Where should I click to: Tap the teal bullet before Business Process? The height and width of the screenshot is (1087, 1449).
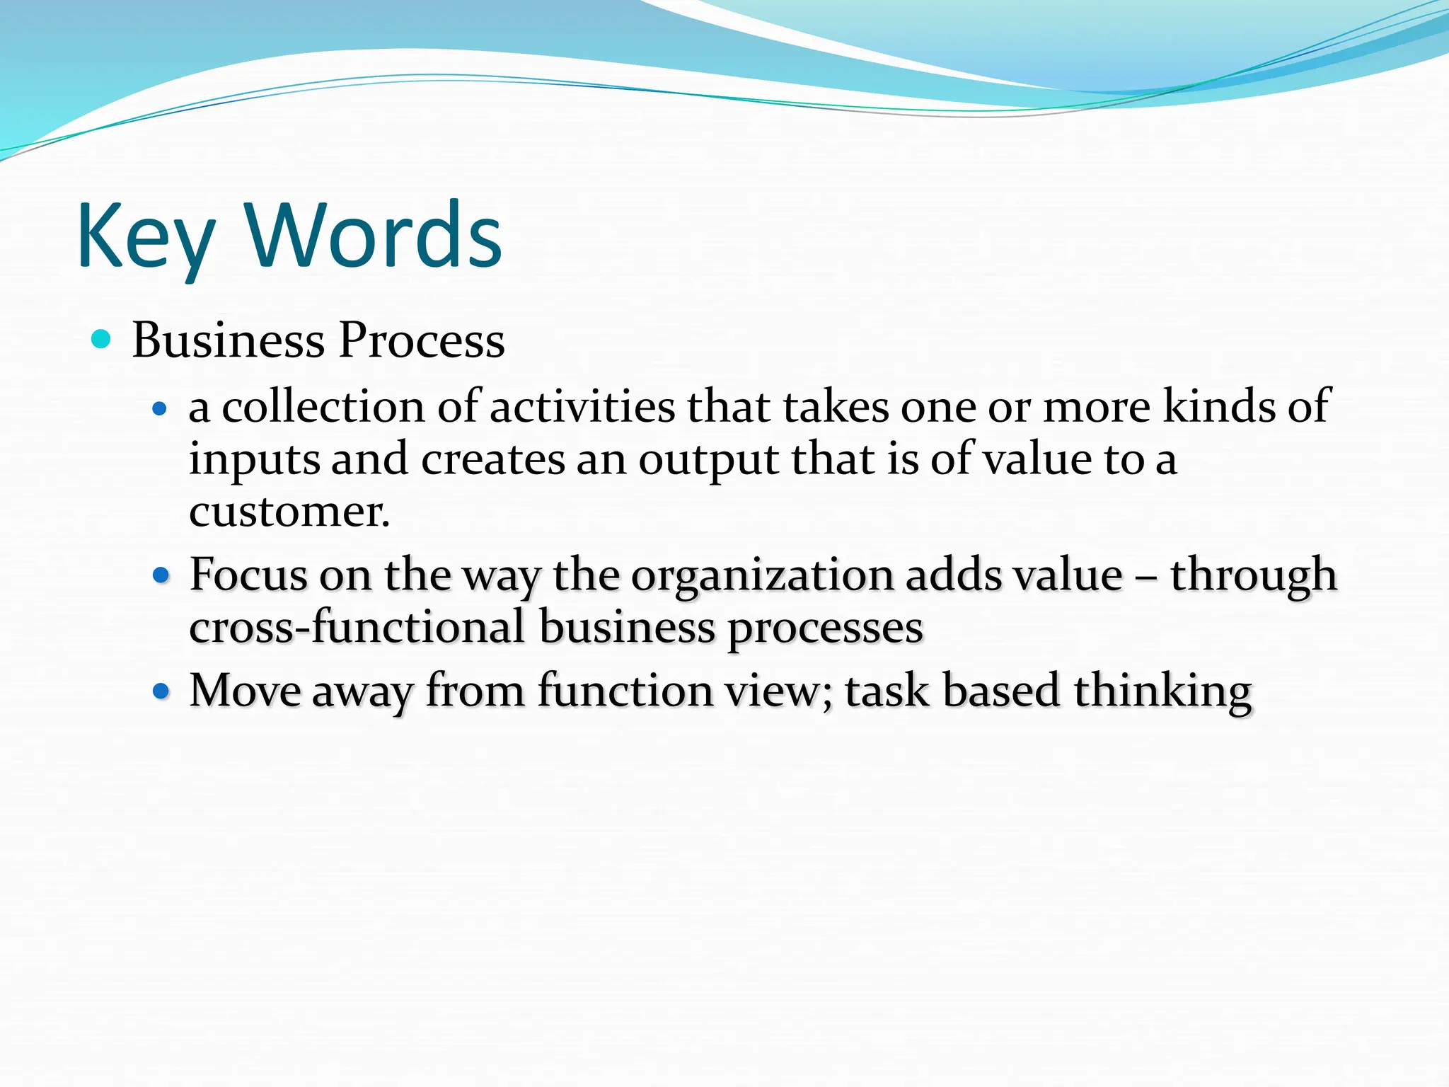(x=102, y=340)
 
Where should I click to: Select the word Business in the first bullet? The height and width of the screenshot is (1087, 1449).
(x=228, y=340)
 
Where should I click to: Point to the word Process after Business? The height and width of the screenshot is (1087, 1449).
(x=422, y=340)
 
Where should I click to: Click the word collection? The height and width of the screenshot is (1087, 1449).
(x=323, y=407)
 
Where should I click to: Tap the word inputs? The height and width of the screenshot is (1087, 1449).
(x=254, y=460)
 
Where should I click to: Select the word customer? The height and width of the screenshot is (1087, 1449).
(x=289, y=512)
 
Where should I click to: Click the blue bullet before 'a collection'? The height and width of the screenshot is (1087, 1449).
(x=160, y=409)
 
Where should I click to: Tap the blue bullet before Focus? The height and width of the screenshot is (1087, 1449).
(x=161, y=575)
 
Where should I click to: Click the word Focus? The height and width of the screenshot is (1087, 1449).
(x=248, y=574)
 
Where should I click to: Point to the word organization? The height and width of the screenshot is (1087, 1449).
(x=762, y=575)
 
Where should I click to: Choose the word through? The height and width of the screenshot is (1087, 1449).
(x=1253, y=575)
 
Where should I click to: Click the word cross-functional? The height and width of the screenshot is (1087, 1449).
(x=357, y=628)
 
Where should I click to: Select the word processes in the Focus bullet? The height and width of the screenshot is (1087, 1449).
(x=825, y=628)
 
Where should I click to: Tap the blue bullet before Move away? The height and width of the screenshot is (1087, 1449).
(x=161, y=691)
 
